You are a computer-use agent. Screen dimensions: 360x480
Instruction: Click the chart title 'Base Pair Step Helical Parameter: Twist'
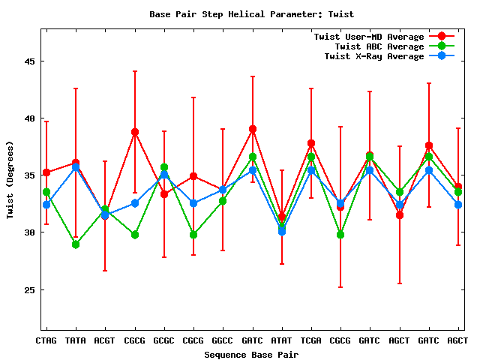251,14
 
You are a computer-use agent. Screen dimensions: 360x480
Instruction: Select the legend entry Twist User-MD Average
368,37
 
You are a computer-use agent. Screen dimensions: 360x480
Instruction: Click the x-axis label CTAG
46,340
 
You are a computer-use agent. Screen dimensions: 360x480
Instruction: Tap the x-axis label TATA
76,340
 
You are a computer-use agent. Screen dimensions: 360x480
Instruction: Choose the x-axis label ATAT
282,340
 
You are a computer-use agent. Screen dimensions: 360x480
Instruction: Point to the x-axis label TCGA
311,340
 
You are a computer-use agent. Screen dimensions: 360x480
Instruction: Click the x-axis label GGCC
223,340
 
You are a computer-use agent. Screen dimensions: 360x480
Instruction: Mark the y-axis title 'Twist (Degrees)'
10,180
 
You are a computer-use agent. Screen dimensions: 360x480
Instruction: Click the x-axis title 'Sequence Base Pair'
251,354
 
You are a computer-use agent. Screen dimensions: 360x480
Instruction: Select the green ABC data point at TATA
76,244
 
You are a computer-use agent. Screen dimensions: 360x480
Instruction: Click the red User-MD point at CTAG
46,172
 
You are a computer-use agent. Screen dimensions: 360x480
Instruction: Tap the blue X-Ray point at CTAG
46,204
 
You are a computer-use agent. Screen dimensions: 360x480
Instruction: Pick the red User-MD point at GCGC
164,194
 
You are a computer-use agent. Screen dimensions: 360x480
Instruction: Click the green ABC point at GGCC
223,201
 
